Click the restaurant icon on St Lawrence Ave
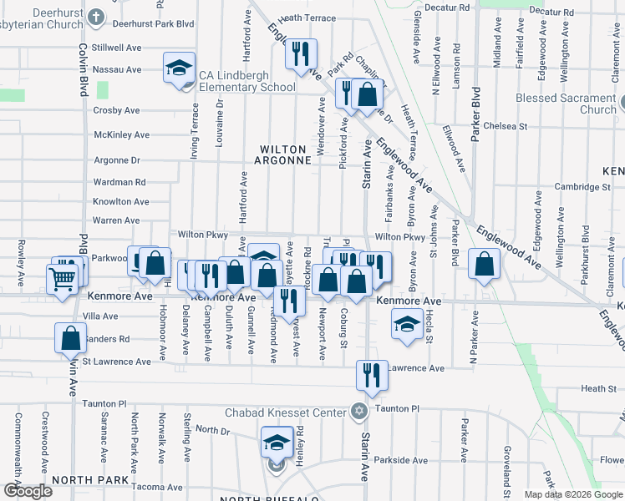tap(372, 376)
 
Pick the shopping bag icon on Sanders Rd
tap(71, 339)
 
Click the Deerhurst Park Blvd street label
tap(147, 26)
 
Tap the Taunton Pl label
tap(397, 409)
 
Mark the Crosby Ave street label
tap(116, 110)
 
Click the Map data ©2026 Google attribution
tap(573, 494)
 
